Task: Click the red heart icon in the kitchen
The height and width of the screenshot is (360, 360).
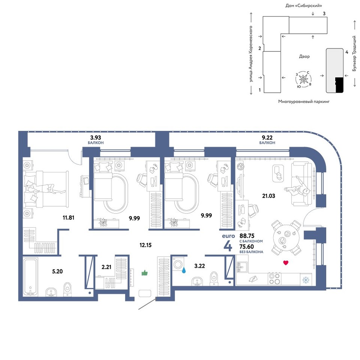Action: (286, 262)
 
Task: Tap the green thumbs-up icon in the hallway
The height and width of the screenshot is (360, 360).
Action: (145, 273)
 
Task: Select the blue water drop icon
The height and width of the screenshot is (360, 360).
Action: (184, 270)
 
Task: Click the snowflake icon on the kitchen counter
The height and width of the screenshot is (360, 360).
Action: (306, 280)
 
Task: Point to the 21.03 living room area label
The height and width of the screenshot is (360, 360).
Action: (268, 196)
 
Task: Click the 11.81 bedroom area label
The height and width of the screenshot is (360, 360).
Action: (68, 217)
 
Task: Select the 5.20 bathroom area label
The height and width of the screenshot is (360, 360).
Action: (57, 271)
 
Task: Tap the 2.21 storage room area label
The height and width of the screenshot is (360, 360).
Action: (106, 267)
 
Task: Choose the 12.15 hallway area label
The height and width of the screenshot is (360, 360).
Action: (145, 245)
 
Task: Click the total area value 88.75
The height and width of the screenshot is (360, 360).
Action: (247, 236)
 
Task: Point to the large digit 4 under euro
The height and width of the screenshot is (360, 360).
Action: (228, 246)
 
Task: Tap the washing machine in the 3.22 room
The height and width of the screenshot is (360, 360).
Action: (178, 264)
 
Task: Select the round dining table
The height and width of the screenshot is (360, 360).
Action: (286, 237)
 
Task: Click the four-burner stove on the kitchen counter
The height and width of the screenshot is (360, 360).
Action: (274, 279)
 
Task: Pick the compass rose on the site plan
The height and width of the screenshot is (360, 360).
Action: (303, 79)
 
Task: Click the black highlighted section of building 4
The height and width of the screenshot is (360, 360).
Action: (339, 85)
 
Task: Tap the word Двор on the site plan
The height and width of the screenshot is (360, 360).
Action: (304, 56)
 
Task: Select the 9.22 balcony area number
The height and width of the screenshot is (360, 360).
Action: (267, 138)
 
